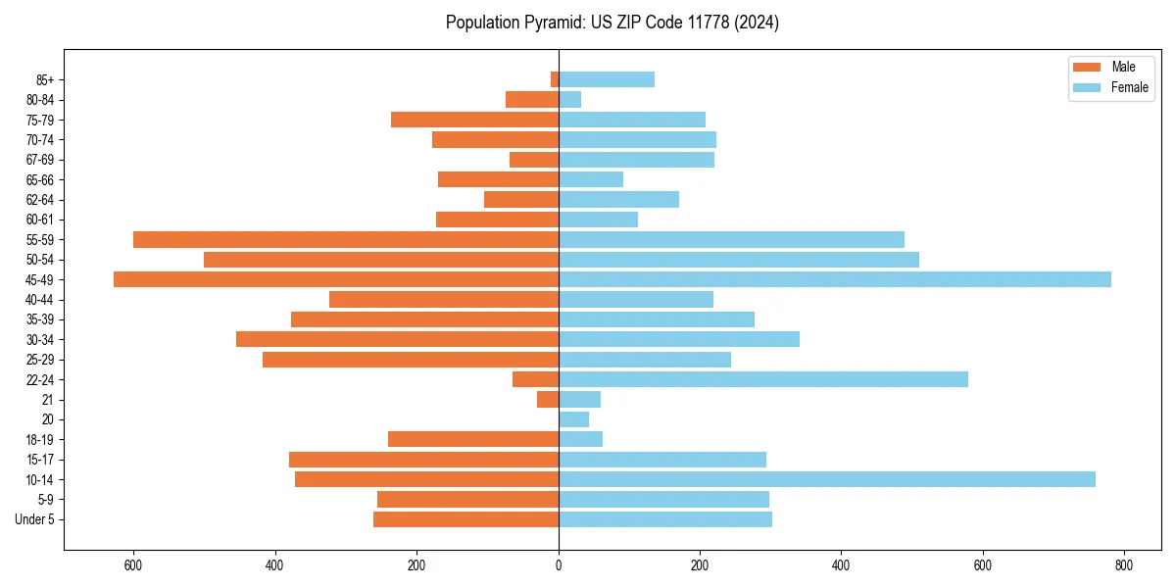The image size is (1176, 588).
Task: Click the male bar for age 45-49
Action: point(336,279)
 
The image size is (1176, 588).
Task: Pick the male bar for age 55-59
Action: point(346,239)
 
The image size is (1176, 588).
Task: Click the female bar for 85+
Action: point(607,79)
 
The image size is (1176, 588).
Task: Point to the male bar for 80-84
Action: point(532,99)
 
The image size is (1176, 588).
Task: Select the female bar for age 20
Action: point(573,419)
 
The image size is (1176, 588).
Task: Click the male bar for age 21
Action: point(548,399)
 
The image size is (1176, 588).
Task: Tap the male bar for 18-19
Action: point(473,439)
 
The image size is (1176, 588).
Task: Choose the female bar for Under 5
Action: point(665,519)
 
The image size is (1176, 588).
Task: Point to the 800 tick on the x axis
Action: point(1124,565)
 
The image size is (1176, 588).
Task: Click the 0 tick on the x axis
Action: point(559,565)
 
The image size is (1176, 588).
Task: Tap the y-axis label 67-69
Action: point(40,160)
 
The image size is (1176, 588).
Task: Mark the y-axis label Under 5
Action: point(34,519)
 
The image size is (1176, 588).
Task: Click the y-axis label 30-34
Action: point(40,339)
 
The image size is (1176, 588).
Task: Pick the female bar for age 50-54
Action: point(739,260)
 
